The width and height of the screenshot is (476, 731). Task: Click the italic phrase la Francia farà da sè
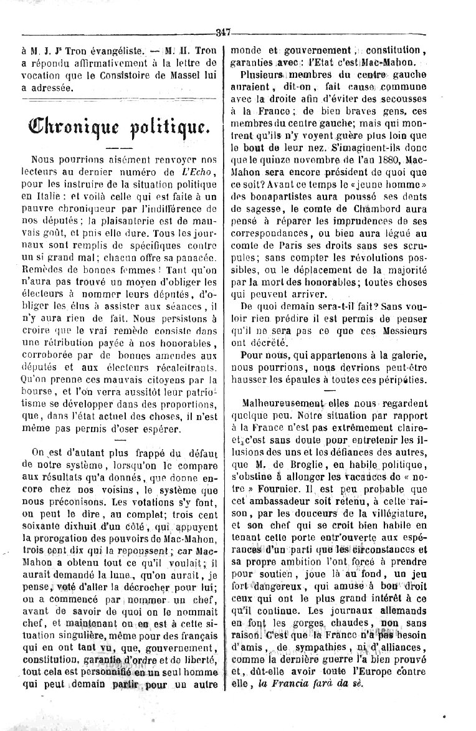click(315, 682)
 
